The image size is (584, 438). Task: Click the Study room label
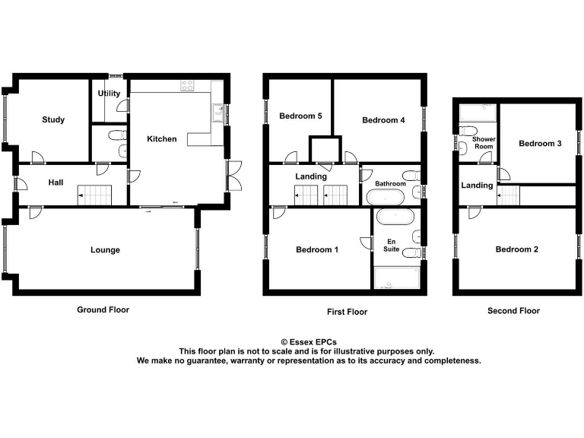point(53,119)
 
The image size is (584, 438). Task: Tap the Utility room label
point(109,94)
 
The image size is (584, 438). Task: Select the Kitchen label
point(162,139)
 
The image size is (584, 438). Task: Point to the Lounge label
point(105,249)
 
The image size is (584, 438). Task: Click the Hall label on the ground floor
point(56,182)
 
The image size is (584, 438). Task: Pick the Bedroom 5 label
point(300,116)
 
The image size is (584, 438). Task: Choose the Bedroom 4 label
point(383,120)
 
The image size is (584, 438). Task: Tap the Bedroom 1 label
point(317,249)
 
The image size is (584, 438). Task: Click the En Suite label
point(391,244)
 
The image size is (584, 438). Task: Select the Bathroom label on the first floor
point(390,184)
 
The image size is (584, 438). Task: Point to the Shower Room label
point(484,143)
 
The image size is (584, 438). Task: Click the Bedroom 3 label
point(540,143)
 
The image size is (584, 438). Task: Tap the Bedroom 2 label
point(517,249)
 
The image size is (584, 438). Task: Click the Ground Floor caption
point(103,309)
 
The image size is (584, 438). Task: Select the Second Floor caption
point(513,310)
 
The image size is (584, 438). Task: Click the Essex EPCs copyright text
point(308,342)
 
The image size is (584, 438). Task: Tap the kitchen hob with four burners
point(187,86)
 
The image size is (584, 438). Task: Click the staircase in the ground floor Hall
point(95,195)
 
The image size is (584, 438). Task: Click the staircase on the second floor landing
point(509,196)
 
